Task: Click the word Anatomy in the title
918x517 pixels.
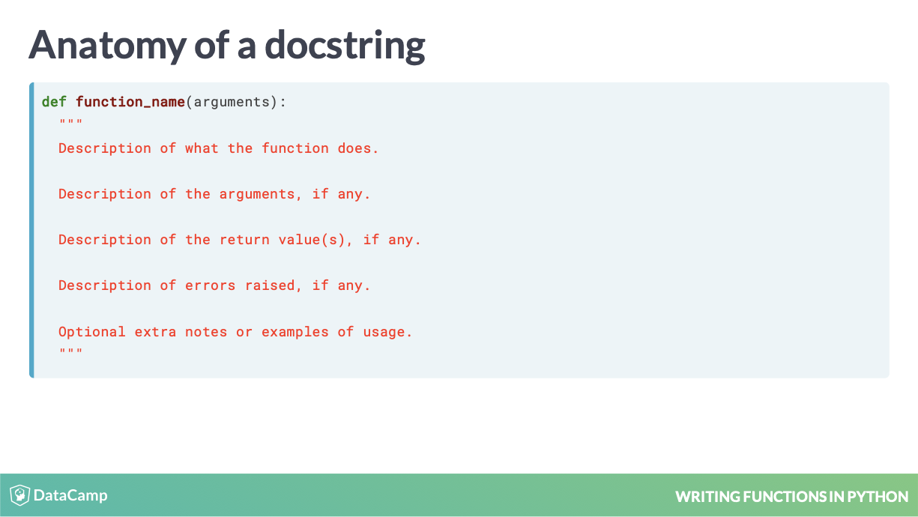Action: pyautogui.click(x=108, y=46)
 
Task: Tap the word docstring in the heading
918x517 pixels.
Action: pyautogui.click(x=345, y=46)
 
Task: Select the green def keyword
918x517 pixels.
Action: pyautogui.click(x=54, y=102)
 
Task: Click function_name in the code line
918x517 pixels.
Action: pyautogui.click(x=130, y=102)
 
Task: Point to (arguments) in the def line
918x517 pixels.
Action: pyautogui.click(x=232, y=102)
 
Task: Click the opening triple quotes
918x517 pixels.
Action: pyautogui.click(x=71, y=121)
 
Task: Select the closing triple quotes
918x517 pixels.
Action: pyautogui.click(x=71, y=351)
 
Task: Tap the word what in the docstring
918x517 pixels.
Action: pyautogui.click(x=202, y=148)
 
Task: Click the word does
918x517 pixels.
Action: pyautogui.click(x=357, y=148)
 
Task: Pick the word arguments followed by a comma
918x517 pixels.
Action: pyautogui.click(x=261, y=195)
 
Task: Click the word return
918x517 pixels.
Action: pyautogui.click(x=244, y=240)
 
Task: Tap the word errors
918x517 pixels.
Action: pyautogui.click(x=211, y=286)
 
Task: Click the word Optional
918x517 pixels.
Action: pyautogui.click(x=91, y=332)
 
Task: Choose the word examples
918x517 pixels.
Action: pyautogui.click(x=295, y=332)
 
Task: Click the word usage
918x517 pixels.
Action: pyautogui.click(x=387, y=333)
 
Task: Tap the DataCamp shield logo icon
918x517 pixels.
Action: pyautogui.click(x=19, y=495)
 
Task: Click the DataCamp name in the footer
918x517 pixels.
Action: pyautogui.click(x=70, y=495)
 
